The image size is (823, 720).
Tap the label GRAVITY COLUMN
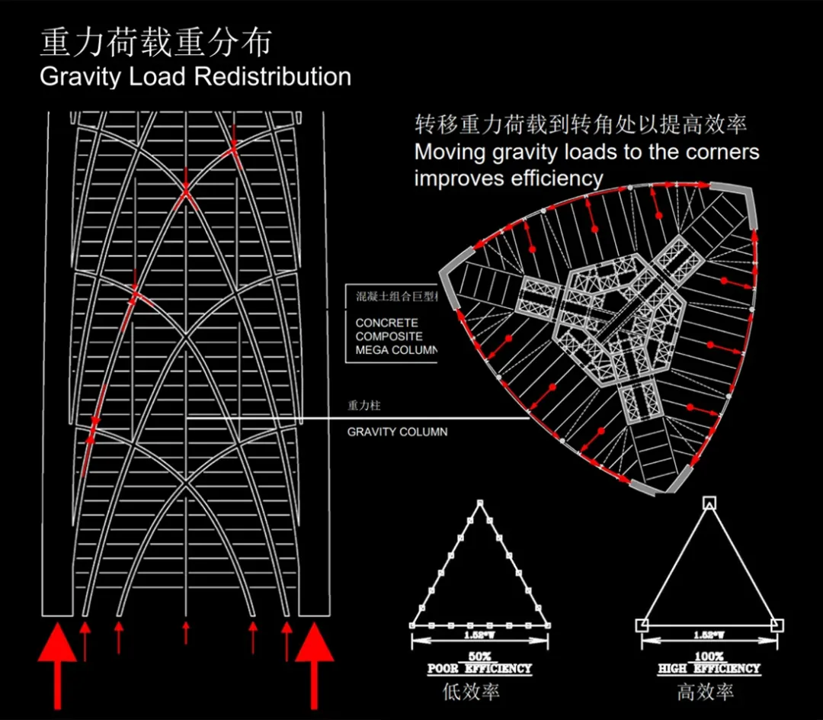pos(397,432)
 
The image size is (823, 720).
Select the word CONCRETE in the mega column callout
pos(386,323)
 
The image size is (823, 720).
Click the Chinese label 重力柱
pos(363,407)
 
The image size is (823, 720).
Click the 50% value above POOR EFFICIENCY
pos(479,657)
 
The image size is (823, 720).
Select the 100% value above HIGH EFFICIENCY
pos(709,657)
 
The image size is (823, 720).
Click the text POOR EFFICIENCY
pos(479,669)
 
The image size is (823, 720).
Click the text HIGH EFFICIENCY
pos(709,669)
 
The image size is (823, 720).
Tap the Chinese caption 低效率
pos(471,693)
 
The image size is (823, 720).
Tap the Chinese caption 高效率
pos(705,693)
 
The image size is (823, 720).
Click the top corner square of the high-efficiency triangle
pos(709,503)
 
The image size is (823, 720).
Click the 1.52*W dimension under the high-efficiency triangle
pos(709,635)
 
